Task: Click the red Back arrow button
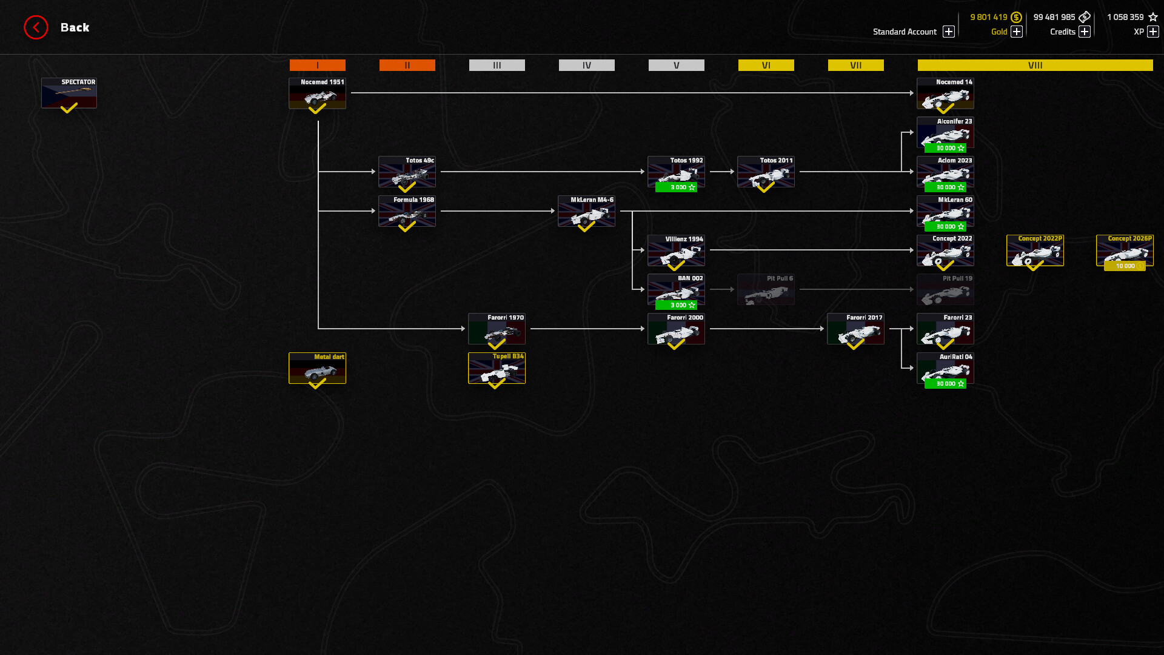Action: pos(36,27)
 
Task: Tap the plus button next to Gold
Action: pos(1017,32)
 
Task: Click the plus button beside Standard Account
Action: pos(949,32)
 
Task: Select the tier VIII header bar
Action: pos(1035,65)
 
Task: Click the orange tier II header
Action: pos(407,65)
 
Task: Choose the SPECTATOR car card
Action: pos(69,93)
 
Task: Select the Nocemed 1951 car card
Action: pos(317,93)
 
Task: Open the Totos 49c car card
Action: pos(407,172)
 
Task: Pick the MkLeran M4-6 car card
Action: pos(586,211)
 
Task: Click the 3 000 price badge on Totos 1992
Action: pos(677,187)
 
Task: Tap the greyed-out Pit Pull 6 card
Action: pos(766,289)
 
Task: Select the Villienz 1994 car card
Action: pos(676,250)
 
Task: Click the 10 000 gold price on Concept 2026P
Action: pos(1125,266)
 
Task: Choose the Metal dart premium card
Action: pos(317,368)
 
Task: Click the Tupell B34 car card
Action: pos(497,368)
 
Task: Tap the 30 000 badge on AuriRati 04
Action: pos(945,384)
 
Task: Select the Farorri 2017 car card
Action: pos(855,329)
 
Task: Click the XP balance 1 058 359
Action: pos(1125,17)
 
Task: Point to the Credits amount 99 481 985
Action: pos(1054,17)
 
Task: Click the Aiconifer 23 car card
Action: pos(945,132)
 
